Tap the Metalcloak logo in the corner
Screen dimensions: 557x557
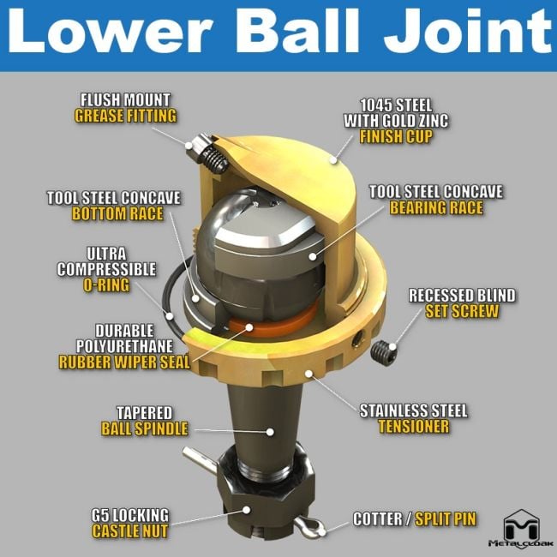point(521,529)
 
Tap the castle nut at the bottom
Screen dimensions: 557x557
point(267,497)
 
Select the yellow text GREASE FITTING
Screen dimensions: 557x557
point(125,117)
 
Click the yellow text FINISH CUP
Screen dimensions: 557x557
point(396,137)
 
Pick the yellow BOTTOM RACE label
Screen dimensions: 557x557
point(117,214)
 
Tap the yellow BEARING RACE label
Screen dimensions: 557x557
point(436,208)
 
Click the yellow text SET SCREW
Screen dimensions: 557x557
point(462,311)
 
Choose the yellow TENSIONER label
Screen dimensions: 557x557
point(414,426)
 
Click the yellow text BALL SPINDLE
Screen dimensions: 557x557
point(145,428)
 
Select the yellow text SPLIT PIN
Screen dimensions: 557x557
point(446,519)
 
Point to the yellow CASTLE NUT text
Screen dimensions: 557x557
point(130,531)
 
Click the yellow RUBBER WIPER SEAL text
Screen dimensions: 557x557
point(124,362)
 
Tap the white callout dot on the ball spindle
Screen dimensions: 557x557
point(270,432)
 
